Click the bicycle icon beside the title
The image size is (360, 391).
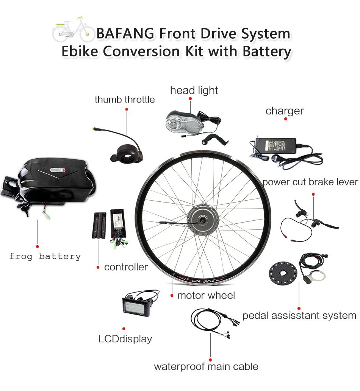73,30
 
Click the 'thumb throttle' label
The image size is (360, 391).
125,100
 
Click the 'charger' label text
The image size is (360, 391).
285,111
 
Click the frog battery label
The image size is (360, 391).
45,256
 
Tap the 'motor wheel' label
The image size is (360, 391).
206,295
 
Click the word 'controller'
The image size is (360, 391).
126,267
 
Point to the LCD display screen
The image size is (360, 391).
135,305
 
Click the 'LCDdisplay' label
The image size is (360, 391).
125,339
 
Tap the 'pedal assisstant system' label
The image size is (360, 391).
299,315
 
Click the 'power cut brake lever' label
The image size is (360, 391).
310,182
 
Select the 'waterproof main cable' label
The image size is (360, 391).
206,366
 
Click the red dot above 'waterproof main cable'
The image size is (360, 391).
210,360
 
